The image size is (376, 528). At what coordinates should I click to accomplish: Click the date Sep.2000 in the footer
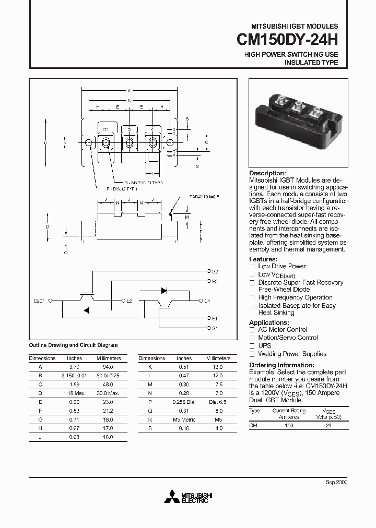tap(337, 482)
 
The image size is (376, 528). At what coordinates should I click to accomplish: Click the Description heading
tap(267, 173)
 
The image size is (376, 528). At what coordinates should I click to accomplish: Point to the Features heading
tap(263, 259)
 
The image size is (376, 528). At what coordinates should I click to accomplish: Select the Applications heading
tap(267, 322)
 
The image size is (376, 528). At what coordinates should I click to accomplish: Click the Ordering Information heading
tap(281, 365)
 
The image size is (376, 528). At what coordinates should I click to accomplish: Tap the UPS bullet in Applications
tap(265, 345)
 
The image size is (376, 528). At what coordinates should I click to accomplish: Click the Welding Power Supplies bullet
tap(292, 354)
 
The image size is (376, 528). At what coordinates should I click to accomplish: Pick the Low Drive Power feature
tap(282, 266)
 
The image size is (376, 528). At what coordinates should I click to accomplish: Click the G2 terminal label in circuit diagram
tap(215, 272)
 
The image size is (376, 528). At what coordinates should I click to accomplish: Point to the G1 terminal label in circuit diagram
tap(215, 328)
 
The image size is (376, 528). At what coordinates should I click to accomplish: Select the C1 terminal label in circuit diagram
tap(207, 301)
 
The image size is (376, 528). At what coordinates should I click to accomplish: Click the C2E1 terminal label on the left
tap(40, 301)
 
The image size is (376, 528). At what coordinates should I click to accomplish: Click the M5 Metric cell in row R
tap(184, 419)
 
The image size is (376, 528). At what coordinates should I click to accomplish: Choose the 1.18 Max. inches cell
tap(75, 393)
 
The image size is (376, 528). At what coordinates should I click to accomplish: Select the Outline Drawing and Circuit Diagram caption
tap(73, 345)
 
